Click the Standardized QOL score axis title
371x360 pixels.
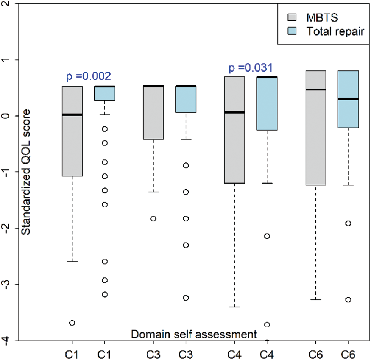point(26,173)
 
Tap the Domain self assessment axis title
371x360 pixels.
point(194,334)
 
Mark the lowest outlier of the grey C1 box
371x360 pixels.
point(72,323)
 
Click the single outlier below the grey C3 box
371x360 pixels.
point(153,218)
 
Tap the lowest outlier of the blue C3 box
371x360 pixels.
point(185,298)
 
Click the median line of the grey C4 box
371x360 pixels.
point(234,112)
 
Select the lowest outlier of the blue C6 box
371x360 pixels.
point(348,299)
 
